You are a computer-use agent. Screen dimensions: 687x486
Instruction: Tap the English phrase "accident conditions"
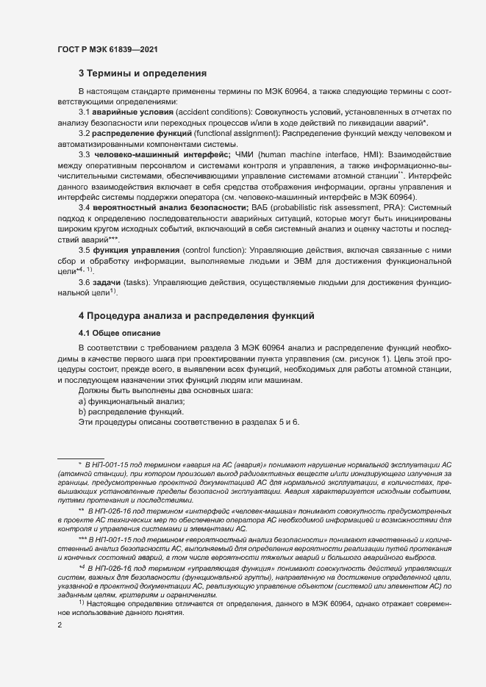[x=209, y=112]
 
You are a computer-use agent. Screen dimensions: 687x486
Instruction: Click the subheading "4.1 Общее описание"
[x=121, y=334]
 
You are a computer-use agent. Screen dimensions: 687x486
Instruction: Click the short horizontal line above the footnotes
[x=80, y=457]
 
